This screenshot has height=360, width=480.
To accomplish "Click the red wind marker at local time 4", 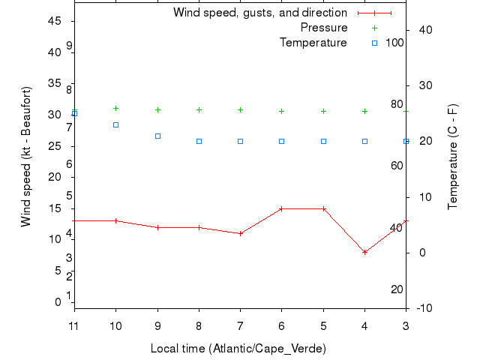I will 364,252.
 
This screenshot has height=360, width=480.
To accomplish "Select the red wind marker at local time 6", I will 282,208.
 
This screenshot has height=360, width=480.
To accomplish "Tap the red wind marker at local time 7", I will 240,233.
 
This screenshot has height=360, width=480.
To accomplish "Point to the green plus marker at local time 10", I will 115,108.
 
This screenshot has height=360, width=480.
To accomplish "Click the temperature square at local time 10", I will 115,124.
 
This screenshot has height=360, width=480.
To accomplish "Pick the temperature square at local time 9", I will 157,136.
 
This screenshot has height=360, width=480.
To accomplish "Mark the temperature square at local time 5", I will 323,141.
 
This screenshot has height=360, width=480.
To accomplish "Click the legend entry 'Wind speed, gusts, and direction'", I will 259,13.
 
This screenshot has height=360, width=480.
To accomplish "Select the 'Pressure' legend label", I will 324,28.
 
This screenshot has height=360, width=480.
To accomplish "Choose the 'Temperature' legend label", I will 313,43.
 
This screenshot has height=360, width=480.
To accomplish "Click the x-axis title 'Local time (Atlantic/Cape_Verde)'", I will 238,349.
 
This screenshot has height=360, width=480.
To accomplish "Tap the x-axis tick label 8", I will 199,325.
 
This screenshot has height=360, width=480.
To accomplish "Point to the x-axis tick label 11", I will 73,325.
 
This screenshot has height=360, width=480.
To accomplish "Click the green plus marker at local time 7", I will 240,109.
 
